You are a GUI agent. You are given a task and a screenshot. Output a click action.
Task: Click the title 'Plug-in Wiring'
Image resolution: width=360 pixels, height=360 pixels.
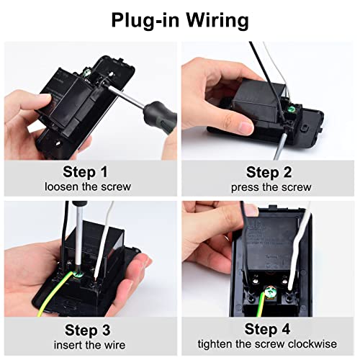coord(180,19)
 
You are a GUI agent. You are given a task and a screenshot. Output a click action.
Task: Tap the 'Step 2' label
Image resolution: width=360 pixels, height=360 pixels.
coord(271,172)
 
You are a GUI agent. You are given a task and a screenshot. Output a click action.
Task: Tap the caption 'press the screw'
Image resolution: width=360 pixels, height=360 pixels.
coord(271,187)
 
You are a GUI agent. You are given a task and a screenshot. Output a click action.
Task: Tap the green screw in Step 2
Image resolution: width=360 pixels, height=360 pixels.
coord(293,109)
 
